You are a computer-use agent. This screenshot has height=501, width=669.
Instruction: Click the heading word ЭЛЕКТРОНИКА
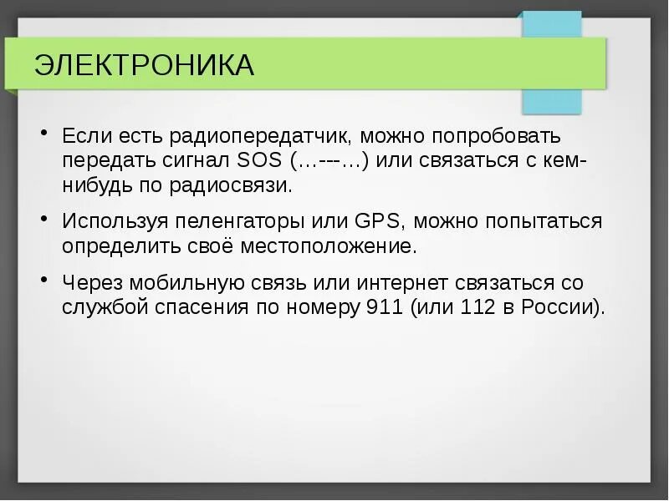point(144,65)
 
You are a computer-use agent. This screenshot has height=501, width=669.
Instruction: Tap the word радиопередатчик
point(248,135)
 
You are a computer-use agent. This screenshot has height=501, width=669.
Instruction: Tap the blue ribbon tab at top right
point(551,100)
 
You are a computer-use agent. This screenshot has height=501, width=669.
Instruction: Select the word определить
point(119,246)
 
